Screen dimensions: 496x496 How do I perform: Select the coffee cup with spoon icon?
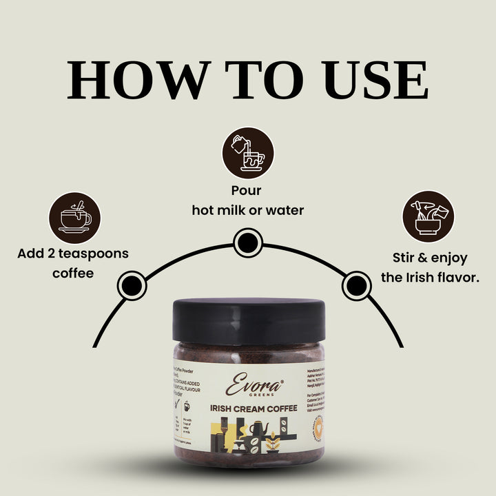(x=74, y=218)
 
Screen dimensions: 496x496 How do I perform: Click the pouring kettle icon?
(x=247, y=153)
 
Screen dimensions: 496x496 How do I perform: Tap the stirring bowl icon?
(x=428, y=217)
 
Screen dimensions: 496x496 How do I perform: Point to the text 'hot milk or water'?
(x=247, y=210)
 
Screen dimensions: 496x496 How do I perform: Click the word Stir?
(x=406, y=258)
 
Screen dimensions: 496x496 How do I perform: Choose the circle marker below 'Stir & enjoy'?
(x=356, y=283)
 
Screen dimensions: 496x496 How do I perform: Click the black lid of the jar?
(x=249, y=319)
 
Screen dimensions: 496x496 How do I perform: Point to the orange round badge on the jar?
(x=319, y=428)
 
